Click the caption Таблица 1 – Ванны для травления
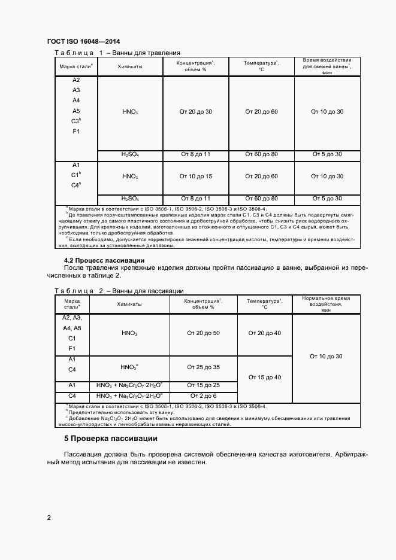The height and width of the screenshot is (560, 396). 117,53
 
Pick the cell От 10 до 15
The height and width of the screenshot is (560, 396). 196,176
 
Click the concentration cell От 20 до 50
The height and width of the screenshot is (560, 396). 204,333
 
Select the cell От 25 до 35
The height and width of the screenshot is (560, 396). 204,367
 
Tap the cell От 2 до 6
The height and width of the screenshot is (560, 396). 204,396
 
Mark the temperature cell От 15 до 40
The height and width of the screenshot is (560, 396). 264,377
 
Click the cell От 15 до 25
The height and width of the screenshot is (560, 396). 204,385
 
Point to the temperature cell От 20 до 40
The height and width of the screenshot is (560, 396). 264,333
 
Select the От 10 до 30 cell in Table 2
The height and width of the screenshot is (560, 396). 326,356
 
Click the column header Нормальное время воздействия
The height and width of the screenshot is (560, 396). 326,304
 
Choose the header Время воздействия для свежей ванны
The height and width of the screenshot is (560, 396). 327,66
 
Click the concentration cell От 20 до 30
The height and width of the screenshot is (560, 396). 196,112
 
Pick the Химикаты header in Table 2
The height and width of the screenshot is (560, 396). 129,304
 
